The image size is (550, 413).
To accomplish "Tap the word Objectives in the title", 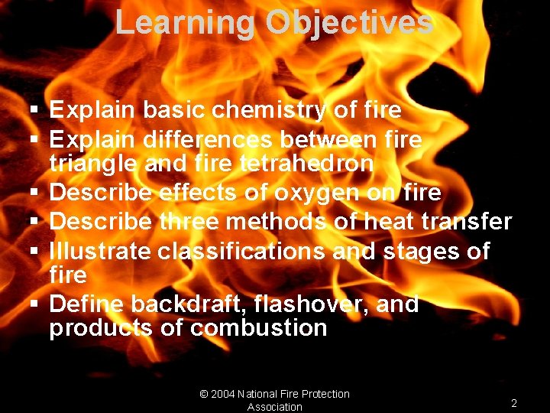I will [x=349, y=23].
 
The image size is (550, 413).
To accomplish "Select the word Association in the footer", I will [x=275, y=407].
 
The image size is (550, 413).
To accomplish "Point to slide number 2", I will [x=514, y=403].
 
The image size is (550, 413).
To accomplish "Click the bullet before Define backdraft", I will [x=35, y=305].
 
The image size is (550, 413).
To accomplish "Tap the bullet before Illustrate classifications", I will [x=35, y=252].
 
